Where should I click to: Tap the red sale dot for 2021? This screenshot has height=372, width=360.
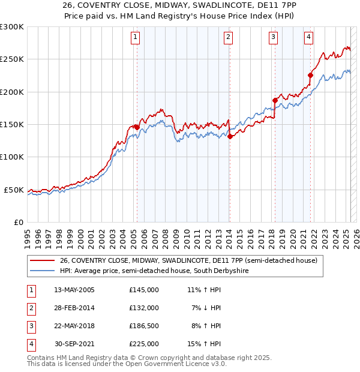(311, 75)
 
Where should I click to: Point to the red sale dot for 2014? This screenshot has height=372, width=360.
(230, 136)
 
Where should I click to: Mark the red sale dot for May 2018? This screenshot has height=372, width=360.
(275, 100)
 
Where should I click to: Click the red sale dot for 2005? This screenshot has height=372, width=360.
(137, 127)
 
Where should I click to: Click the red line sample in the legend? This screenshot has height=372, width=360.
(42, 260)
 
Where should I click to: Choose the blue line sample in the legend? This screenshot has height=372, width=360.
(42, 271)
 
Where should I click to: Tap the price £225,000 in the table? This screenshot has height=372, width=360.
(144, 344)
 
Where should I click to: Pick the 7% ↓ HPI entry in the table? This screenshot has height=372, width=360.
(207, 308)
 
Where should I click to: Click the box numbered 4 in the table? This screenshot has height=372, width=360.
(31, 344)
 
